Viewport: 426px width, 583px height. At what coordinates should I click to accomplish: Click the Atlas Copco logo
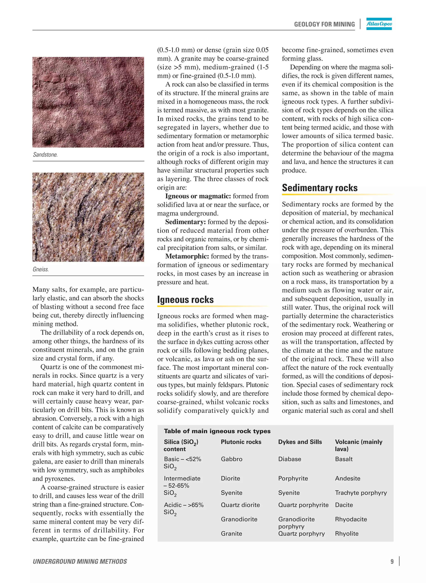point(379,24)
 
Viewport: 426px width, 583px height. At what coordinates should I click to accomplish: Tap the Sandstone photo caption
point(45,155)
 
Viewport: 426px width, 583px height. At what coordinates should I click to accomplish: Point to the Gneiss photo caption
point(41,269)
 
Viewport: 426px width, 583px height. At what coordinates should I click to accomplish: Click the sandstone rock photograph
point(88,102)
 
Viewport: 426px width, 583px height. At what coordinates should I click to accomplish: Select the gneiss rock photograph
point(88,217)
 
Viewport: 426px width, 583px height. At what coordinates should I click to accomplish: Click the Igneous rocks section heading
point(185,300)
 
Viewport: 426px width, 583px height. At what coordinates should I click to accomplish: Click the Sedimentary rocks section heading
point(319,188)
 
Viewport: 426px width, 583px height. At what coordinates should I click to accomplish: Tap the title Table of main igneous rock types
point(217,431)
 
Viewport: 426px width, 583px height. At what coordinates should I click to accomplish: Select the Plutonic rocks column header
point(241,442)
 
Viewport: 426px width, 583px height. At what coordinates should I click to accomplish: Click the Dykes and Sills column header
point(300,442)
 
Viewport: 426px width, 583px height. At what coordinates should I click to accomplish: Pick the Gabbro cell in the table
point(232,459)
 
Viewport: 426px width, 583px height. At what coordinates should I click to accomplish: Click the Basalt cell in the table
point(344,459)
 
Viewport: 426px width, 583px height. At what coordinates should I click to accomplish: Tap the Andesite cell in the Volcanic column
point(348,478)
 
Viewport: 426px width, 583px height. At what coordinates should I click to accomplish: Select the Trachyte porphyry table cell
point(361,493)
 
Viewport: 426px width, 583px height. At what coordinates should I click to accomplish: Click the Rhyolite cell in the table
point(347,533)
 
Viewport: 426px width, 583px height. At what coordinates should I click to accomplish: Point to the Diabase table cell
point(290,459)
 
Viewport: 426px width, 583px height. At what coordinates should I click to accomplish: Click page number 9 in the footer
point(392,562)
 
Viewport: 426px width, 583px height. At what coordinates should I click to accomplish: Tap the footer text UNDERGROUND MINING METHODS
point(80,562)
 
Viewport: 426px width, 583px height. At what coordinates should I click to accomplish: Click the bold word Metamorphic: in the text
point(187,256)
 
